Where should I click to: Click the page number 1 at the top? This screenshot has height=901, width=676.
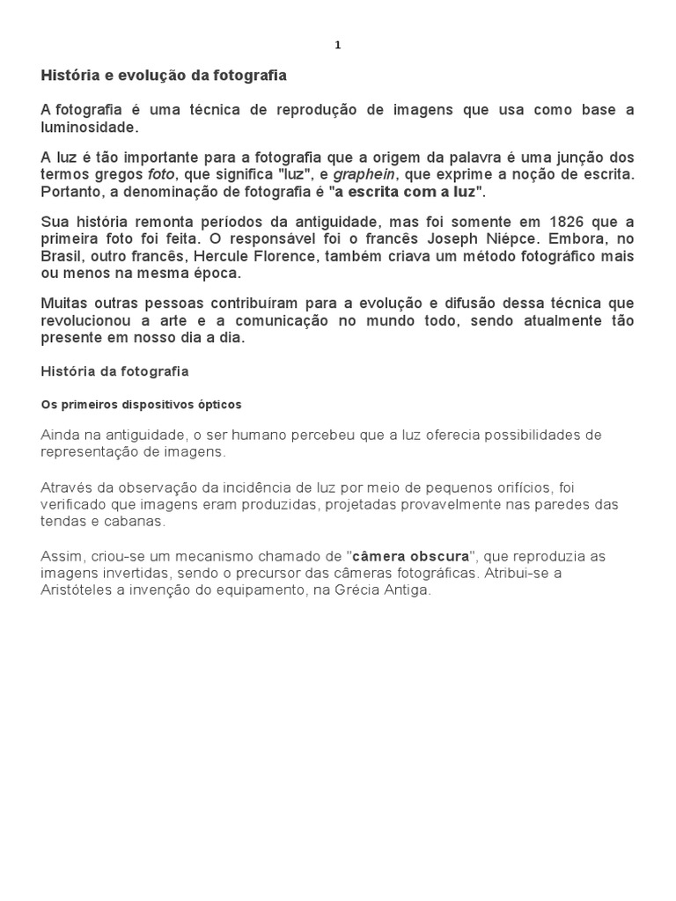(338, 46)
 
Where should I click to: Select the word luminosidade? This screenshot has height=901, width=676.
(89, 128)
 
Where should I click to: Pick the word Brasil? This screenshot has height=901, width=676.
(61, 256)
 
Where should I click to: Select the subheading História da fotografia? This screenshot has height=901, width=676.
(114, 371)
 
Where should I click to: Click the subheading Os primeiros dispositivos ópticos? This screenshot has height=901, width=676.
(141, 405)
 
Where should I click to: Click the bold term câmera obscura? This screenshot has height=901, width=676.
(410, 557)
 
